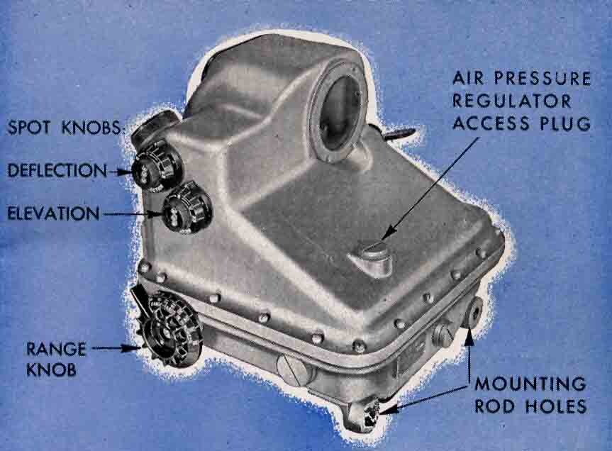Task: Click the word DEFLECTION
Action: point(57,170)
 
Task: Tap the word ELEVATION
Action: point(53,213)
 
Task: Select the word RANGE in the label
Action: point(56,349)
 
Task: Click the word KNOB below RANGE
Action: point(51,369)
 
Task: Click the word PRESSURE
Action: point(543,79)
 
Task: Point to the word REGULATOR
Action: point(512,101)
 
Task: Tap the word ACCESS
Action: point(491,123)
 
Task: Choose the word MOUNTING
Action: point(530,384)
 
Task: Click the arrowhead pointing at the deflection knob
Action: point(125,172)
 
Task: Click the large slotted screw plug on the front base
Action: point(291,369)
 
